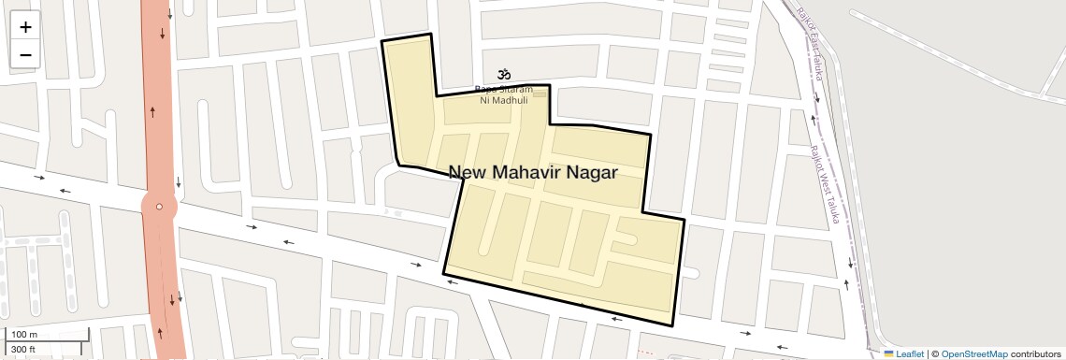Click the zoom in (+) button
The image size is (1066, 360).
click(25, 27)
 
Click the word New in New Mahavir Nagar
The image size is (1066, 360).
click(468, 172)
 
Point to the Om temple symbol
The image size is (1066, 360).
click(504, 74)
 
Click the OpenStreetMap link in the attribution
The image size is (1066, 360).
click(974, 354)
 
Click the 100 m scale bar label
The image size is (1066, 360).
click(24, 335)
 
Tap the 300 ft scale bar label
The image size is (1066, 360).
click(24, 350)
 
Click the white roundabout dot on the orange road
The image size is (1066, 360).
click(160, 207)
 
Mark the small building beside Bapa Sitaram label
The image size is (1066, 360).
click(540, 94)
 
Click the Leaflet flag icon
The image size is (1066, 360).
click(888, 354)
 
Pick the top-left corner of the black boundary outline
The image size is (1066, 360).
click(382, 42)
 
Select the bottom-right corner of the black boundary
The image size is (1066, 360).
click(673, 326)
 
